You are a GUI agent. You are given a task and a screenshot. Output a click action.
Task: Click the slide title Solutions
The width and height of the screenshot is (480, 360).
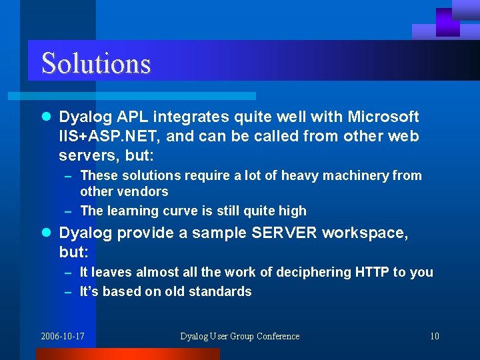click(x=96, y=63)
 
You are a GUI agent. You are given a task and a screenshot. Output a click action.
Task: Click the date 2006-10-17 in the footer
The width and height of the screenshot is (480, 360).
click(x=63, y=336)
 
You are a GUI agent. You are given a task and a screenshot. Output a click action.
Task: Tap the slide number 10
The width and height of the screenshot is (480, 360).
click(x=434, y=336)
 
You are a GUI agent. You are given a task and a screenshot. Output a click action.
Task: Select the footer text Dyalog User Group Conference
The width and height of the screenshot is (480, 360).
click(x=239, y=336)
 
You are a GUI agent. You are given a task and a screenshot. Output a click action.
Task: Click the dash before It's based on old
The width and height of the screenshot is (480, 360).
click(x=68, y=292)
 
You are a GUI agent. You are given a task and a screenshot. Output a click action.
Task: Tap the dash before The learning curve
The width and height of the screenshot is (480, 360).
click(x=68, y=211)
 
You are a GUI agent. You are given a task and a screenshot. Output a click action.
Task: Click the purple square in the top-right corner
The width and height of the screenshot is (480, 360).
click(x=447, y=22)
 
